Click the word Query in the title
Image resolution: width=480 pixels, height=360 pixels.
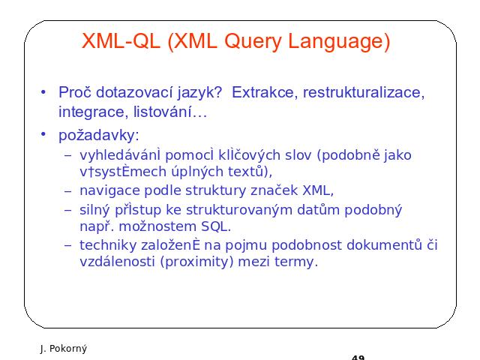(x=253, y=42)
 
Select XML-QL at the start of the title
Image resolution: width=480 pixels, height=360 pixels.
(x=121, y=40)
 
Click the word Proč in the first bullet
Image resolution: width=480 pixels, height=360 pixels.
(x=75, y=92)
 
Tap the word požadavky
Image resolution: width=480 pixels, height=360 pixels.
(x=99, y=135)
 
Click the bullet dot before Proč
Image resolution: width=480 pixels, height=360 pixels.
(x=43, y=91)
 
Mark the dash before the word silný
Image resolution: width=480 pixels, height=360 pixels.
(x=68, y=210)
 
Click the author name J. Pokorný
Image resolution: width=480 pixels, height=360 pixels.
(x=64, y=348)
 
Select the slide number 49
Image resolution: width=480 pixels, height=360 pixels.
(x=358, y=357)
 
